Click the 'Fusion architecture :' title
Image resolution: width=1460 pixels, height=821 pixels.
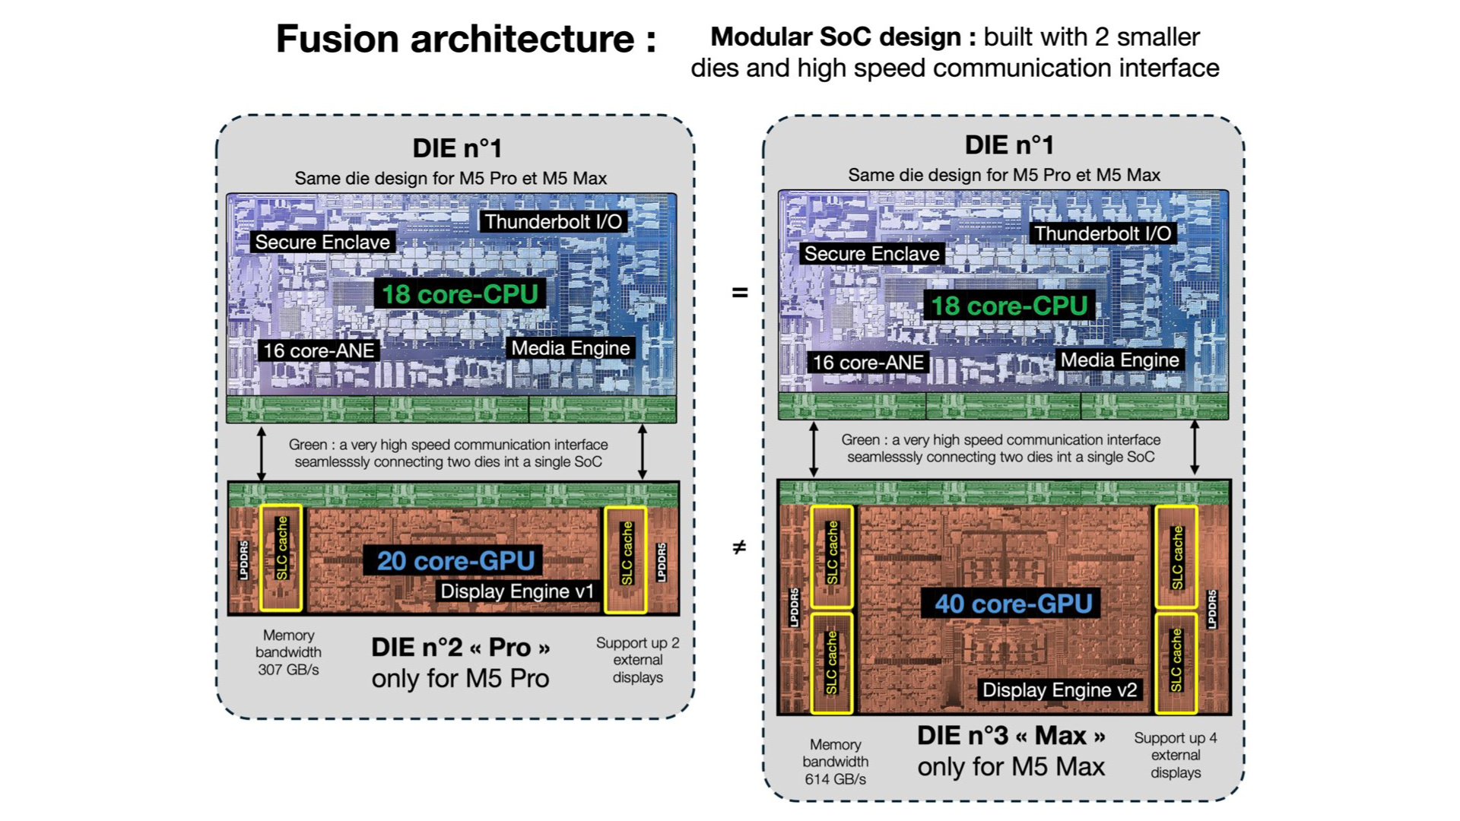(465, 39)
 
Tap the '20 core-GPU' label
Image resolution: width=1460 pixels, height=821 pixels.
(455, 561)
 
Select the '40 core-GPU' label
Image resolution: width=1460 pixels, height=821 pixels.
(1013, 604)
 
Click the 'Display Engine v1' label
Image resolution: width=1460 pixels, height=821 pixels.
(517, 591)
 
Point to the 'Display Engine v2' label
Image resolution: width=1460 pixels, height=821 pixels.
(1059, 689)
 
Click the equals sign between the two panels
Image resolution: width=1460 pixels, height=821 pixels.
(739, 293)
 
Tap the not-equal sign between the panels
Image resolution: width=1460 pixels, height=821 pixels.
(739, 547)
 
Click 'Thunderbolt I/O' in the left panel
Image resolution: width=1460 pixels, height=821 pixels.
(553, 222)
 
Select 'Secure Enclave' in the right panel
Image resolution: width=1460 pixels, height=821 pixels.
(871, 254)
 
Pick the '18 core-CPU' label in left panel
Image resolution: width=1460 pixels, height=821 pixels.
(459, 294)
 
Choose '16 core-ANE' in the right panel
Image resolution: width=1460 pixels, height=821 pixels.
(868, 363)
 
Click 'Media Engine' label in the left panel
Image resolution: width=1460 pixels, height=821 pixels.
(570, 348)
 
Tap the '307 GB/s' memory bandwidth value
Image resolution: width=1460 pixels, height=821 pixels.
(288, 670)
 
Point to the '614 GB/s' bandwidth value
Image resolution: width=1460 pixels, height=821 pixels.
(835, 779)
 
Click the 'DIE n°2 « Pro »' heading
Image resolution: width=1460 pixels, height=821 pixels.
(460, 648)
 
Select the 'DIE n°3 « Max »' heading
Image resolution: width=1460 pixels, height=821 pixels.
(1011, 736)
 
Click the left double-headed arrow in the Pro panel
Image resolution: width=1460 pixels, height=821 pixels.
(262, 453)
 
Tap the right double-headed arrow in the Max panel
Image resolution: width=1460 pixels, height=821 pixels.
(1195, 449)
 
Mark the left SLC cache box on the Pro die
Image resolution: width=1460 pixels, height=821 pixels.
(281, 558)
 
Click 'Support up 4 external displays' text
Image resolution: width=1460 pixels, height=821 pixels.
(1175, 755)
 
